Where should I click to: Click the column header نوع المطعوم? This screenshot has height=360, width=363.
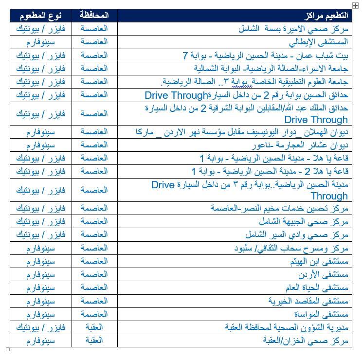click(40, 16)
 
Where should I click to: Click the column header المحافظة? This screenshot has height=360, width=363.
click(94, 16)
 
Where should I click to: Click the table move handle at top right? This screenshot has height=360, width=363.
click(356, 5)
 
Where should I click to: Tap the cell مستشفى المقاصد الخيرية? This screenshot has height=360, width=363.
click(309, 301)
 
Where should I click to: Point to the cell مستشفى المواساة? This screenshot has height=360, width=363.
click(321, 314)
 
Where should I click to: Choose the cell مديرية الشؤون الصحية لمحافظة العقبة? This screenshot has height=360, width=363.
click(287, 327)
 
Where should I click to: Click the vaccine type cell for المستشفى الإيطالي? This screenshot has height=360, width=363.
click(40, 42)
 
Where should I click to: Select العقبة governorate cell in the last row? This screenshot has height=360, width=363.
click(94, 341)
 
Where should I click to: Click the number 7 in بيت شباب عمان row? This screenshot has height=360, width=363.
click(185, 55)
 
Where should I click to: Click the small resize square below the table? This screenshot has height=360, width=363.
click(8, 349)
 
